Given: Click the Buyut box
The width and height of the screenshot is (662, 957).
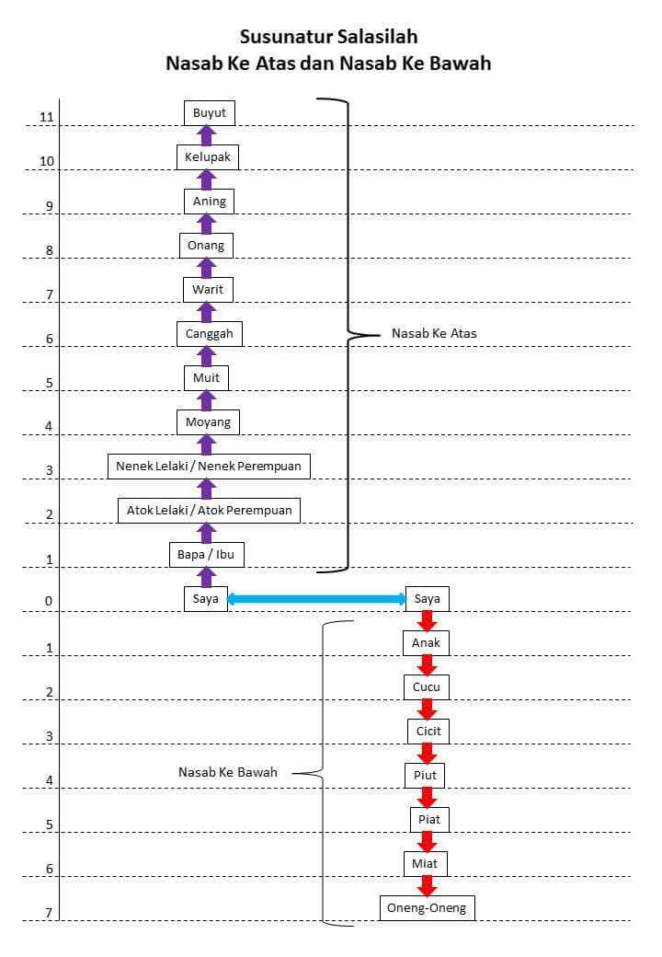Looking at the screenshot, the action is (x=209, y=113).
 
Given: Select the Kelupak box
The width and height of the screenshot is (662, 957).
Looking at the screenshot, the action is (x=207, y=156).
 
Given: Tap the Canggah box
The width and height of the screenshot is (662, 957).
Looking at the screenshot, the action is (x=209, y=334).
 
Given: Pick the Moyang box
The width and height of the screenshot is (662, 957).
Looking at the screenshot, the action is (x=208, y=421).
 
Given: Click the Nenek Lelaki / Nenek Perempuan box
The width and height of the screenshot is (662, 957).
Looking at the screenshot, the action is (x=209, y=467).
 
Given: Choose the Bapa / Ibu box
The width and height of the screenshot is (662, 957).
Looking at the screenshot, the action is (x=206, y=554).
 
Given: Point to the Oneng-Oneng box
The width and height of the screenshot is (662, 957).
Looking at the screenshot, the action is (x=427, y=907).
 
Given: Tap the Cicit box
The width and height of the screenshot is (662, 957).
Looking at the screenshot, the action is (x=428, y=732).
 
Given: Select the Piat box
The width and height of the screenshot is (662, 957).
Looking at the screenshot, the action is (x=429, y=820).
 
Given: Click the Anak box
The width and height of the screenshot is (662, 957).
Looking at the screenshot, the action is (x=426, y=642).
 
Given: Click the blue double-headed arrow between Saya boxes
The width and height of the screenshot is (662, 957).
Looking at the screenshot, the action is (x=316, y=599).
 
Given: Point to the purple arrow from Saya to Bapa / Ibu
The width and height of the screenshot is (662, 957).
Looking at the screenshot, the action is (x=207, y=577).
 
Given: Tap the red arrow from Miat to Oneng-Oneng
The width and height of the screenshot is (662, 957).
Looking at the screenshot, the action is (x=427, y=885).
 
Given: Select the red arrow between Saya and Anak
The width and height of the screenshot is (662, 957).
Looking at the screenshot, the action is (x=427, y=621).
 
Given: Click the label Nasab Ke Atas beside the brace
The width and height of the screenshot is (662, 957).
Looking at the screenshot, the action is (x=434, y=333).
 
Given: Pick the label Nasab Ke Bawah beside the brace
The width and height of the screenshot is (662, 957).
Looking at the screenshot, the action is (x=227, y=772).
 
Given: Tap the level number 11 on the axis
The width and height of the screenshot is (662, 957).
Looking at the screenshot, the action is (x=46, y=117).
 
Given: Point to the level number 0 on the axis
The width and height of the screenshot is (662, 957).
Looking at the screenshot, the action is (x=49, y=601).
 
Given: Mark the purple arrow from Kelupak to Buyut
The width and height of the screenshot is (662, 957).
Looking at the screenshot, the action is (x=207, y=135).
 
